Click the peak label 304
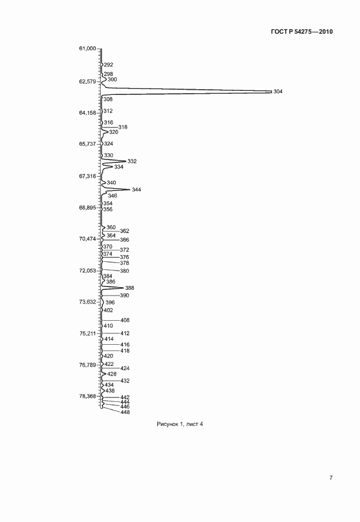tap(278, 91)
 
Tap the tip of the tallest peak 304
tap(271, 91)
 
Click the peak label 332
tap(132, 162)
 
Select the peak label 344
tap(136, 190)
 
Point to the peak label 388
tap(129, 288)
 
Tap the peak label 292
tap(109, 65)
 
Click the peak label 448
tap(125, 412)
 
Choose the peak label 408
tap(125, 320)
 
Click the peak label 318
tap(123, 127)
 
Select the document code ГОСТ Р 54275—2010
tap(301, 32)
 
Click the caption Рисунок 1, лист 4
tap(179, 424)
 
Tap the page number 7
tap(330, 478)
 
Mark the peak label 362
tap(125, 231)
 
